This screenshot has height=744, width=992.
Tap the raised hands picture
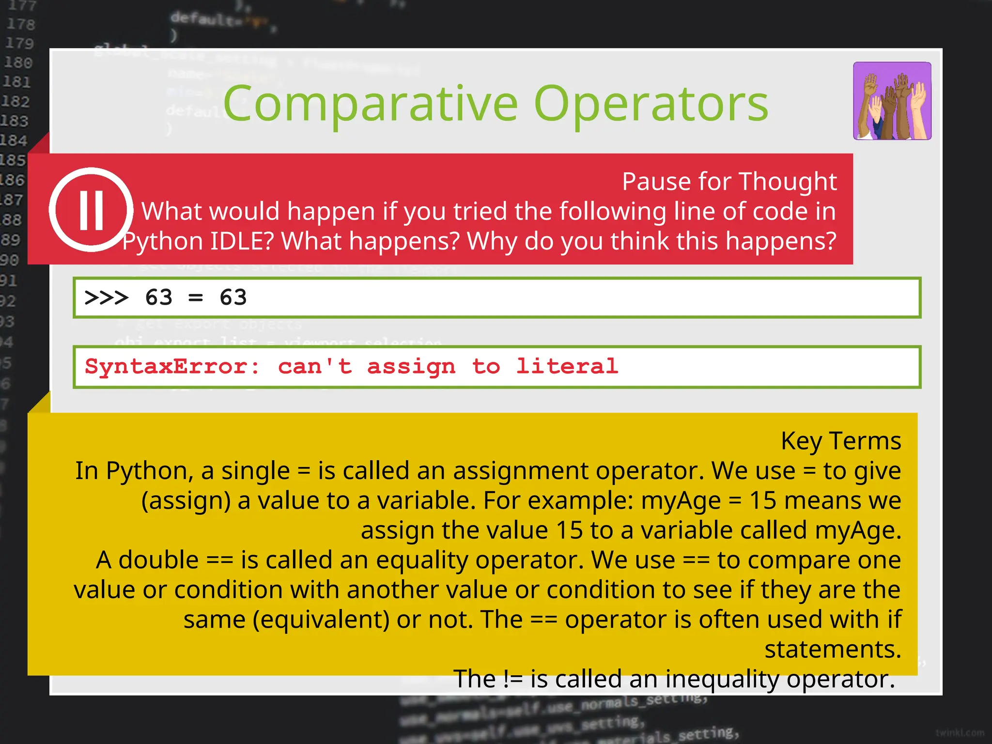[x=892, y=101]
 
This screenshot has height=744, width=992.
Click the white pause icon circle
[x=91, y=209]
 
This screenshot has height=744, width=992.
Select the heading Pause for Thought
[x=729, y=182]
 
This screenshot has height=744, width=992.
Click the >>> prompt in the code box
[x=107, y=297]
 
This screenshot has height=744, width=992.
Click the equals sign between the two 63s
[x=196, y=297]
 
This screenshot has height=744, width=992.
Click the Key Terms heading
[x=841, y=441]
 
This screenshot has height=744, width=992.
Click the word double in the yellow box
[x=158, y=560]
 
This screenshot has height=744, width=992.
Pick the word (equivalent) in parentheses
[x=321, y=620]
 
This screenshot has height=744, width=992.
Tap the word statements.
[x=833, y=650]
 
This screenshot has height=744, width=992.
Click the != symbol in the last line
[x=513, y=679]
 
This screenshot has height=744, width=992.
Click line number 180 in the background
[x=18, y=62]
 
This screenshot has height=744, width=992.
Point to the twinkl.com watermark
[x=960, y=733]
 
